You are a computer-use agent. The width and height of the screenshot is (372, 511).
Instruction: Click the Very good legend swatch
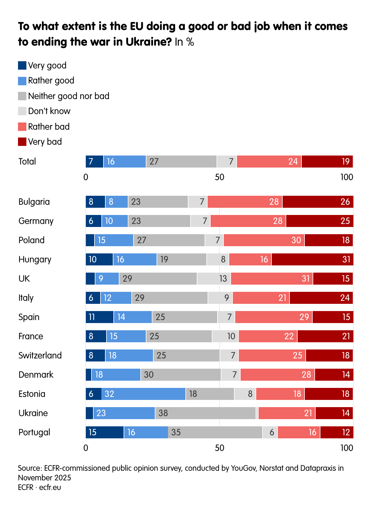pos(22,65)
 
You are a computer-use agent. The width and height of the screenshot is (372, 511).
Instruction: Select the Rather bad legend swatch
pos(22,127)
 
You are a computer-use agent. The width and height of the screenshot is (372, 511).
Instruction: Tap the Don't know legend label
pos(49,111)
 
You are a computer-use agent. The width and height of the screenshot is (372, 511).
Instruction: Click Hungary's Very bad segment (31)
pos(312,259)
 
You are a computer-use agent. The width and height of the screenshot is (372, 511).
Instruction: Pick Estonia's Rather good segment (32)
pos(143,394)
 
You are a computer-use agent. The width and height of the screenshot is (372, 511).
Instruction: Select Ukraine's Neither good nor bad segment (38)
pos(205,413)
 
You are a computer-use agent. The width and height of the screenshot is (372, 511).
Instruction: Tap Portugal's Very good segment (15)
pos(105,432)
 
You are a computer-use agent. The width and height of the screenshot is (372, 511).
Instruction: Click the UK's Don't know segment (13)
pos(214,279)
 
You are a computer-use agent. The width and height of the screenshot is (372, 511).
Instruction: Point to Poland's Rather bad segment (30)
pos(264,240)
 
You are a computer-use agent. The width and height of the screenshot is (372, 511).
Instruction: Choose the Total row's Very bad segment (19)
pos(327,162)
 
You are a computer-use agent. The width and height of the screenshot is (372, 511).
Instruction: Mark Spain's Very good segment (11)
pos(100,317)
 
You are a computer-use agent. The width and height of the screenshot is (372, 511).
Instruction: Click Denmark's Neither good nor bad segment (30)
pos(181,375)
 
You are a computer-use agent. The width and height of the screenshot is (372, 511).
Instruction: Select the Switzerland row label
pos(40,355)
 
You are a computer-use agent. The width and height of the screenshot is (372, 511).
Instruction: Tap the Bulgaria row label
pos(34,202)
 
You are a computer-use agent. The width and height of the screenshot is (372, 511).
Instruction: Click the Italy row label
pos(26,298)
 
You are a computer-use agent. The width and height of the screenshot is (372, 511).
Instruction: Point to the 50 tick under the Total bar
pos(220,177)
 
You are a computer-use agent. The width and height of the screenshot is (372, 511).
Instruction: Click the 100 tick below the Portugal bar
pos(347,448)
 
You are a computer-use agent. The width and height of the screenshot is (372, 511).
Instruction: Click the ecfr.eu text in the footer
pos(50,487)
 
